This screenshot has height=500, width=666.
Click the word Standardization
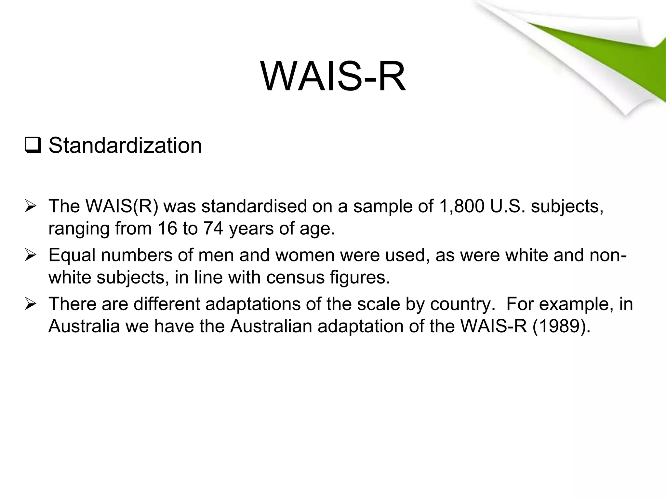[x=125, y=146]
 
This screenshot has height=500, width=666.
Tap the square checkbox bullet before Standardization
[x=33, y=146]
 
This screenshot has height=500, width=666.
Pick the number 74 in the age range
[x=213, y=229]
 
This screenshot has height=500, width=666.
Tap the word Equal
[x=72, y=255]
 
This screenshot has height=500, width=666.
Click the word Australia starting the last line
[x=84, y=326]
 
